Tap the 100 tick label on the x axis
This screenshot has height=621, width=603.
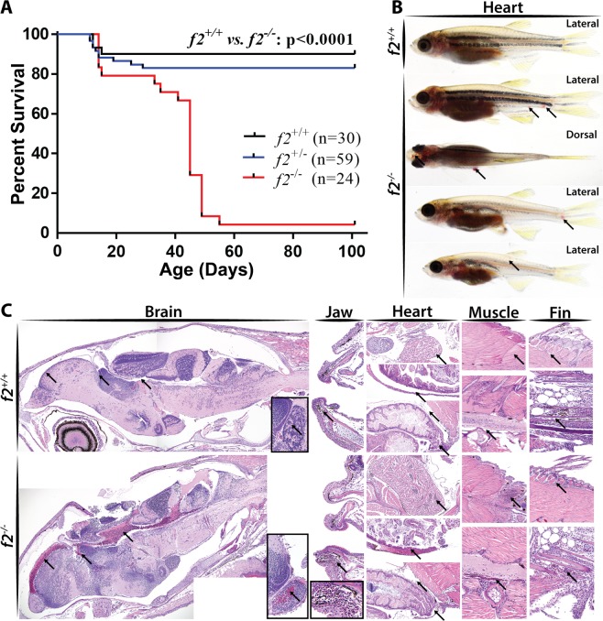352,248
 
